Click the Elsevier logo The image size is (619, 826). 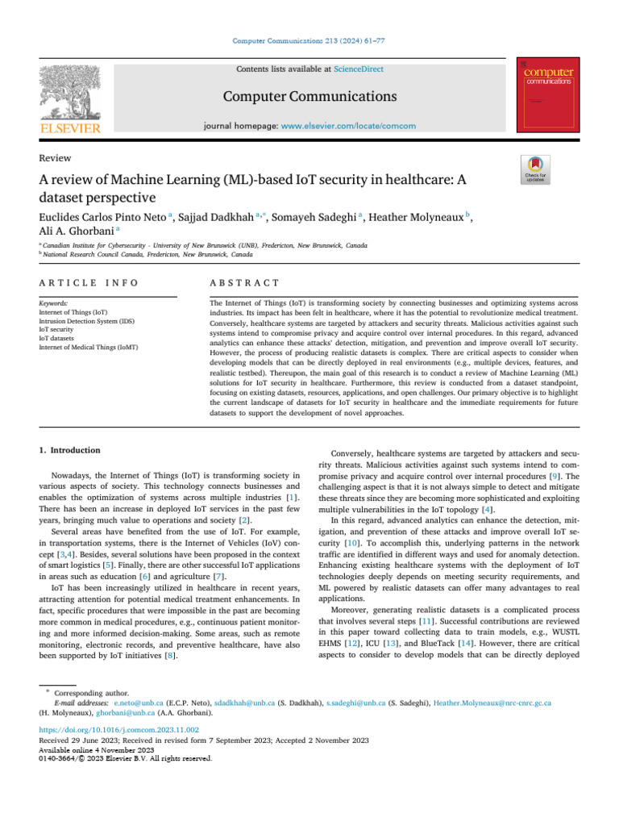tap(69, 100)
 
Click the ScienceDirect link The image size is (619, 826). tap(359, 69)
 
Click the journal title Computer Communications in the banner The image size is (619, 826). tap(309, 97)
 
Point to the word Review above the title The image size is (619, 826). tap(55, 158)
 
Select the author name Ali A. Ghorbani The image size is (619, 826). tap(76, 232)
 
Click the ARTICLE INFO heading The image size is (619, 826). tap(89, 283)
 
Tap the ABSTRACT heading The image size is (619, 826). tap(244, 283)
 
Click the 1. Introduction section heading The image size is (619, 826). tap(70, 450)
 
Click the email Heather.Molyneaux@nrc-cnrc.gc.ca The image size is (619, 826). tap(492, 703)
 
